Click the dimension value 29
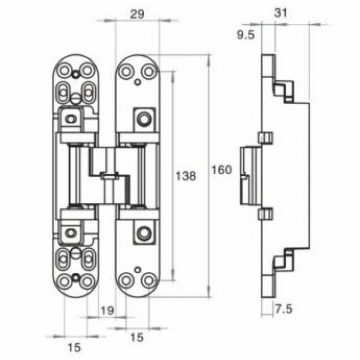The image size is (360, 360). (x=137, y=14)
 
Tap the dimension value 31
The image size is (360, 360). (x=281, y=13)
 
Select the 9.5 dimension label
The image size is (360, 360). (x=246, y=35)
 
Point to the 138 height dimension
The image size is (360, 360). (x=186, y=176)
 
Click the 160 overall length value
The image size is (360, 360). (x=222, y=170)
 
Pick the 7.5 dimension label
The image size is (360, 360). (x=284, y=309)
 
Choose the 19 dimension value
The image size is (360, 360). (x=107, y=311)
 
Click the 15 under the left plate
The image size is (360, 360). (x=74, y=347)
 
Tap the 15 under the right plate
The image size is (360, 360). (x=137, y=337)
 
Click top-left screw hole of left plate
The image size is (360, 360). (x=64, y=70)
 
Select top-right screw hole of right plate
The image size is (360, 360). (x=149, y=71)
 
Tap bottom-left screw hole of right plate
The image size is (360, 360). (x=126, y=280)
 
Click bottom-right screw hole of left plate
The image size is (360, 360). (x=87, y=281)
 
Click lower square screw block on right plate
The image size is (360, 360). (x=144, y=233)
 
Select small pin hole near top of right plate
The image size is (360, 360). (x=137, y=82)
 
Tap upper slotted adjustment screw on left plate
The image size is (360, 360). (x=75, y=99)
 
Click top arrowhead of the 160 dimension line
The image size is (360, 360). (x=208, y=59)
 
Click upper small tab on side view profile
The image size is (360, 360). (x=266, y=137)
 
